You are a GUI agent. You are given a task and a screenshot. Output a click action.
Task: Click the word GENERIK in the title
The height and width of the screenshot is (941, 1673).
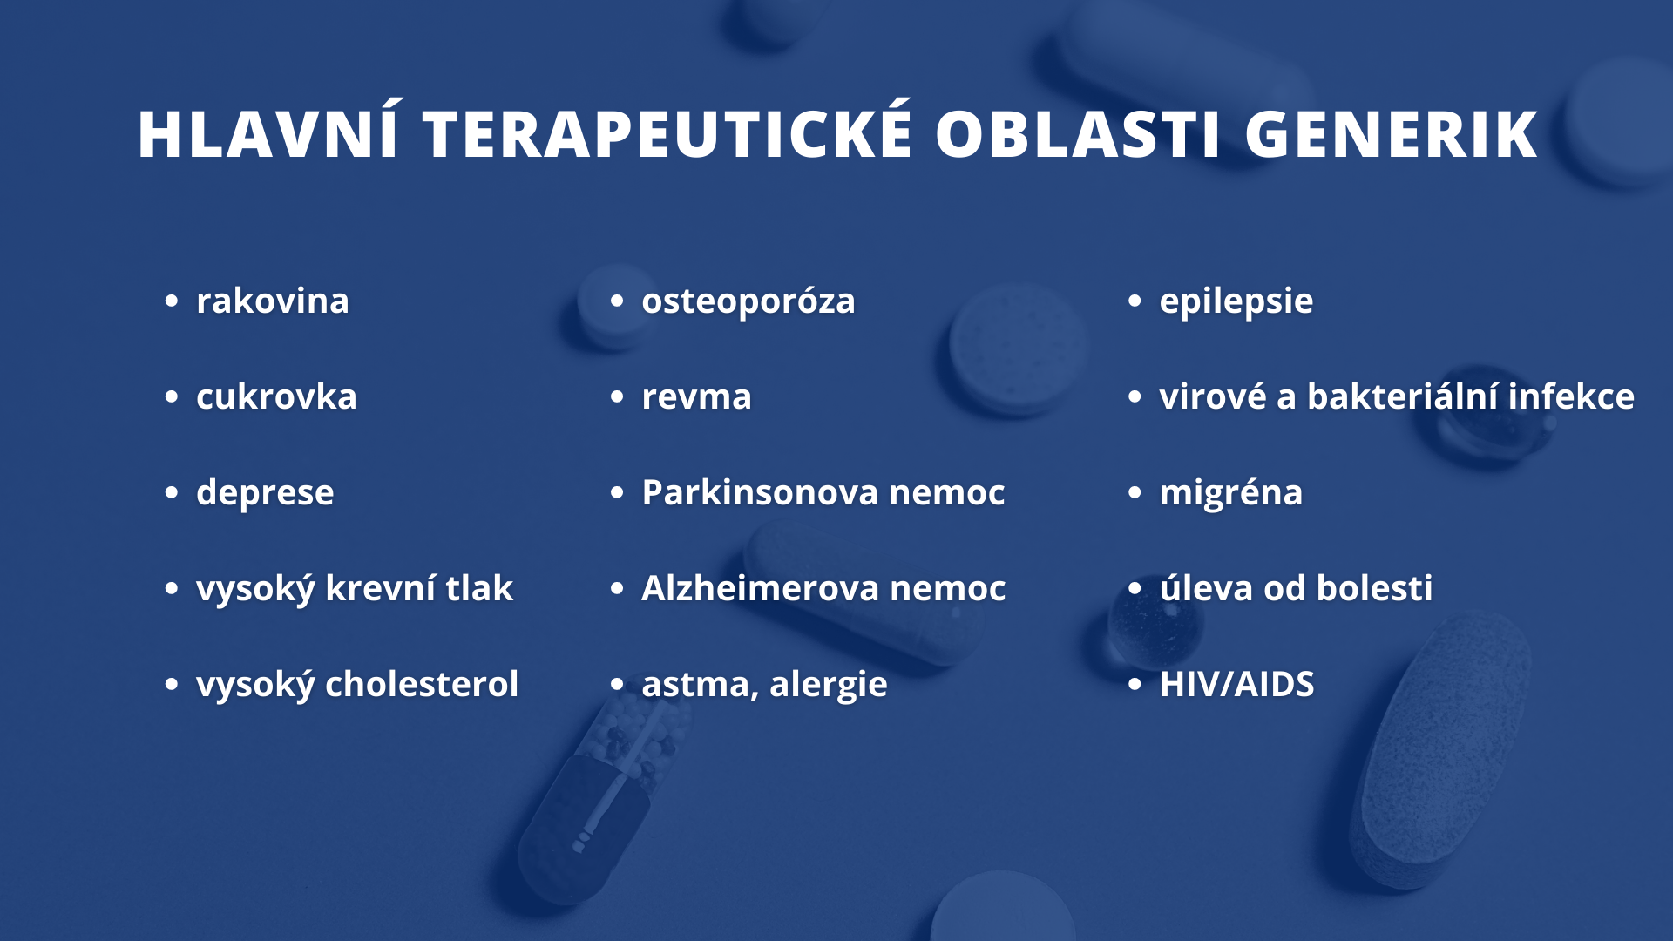(1392, 135)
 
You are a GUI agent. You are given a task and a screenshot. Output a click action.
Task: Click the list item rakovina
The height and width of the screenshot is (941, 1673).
(273, 301)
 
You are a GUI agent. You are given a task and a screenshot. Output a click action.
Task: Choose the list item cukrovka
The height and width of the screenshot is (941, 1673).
(276, 397)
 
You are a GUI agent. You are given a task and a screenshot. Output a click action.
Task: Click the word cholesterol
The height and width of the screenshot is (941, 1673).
(422, 684)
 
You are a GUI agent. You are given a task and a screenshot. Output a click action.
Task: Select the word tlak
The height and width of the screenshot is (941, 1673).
(479, 588)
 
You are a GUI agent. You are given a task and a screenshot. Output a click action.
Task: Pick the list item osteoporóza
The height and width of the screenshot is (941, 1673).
(748, 301)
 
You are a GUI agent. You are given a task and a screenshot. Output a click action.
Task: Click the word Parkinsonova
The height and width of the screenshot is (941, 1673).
(760, 492)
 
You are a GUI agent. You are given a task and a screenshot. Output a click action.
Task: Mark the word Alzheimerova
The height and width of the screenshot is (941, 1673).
(761, 588)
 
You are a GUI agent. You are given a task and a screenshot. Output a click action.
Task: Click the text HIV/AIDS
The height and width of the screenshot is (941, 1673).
(1236, 684)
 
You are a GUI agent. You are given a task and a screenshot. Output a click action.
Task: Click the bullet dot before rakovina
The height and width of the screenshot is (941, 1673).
(172, 301)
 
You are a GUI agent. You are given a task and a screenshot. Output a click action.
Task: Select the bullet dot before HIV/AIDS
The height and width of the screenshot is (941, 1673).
(1135, 685)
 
